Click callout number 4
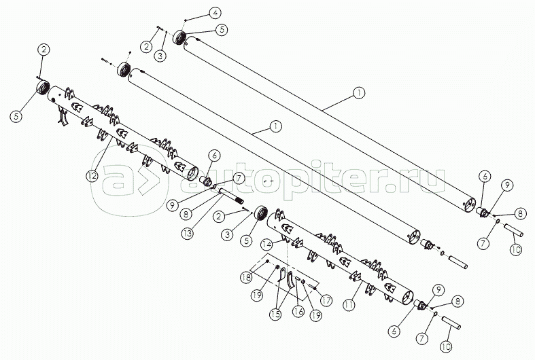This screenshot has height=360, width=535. coord(215,13)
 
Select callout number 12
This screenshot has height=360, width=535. coord(92,176)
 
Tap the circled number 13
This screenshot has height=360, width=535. coord(188,234)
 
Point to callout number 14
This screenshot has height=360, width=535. coord(268,244)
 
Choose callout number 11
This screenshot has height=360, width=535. coord(349,305)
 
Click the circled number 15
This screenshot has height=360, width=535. coord(276,314)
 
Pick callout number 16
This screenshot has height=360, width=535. coord(298,312)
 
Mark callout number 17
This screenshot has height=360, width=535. coord(326,301)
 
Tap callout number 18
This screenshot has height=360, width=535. coord(245,277)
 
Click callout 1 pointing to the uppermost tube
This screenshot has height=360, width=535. coord(359,93)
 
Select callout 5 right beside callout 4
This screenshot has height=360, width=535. coord(222,30)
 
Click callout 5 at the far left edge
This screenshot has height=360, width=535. coord(16,116)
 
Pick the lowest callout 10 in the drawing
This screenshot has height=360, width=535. coord(446,346)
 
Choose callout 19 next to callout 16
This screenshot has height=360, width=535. coord(315,316)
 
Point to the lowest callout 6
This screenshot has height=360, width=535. coord(394,331)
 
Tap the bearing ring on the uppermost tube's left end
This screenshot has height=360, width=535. coord(179,37)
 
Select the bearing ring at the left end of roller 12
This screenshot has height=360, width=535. coord(43,87)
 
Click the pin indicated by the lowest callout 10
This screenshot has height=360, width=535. coord(451,323)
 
